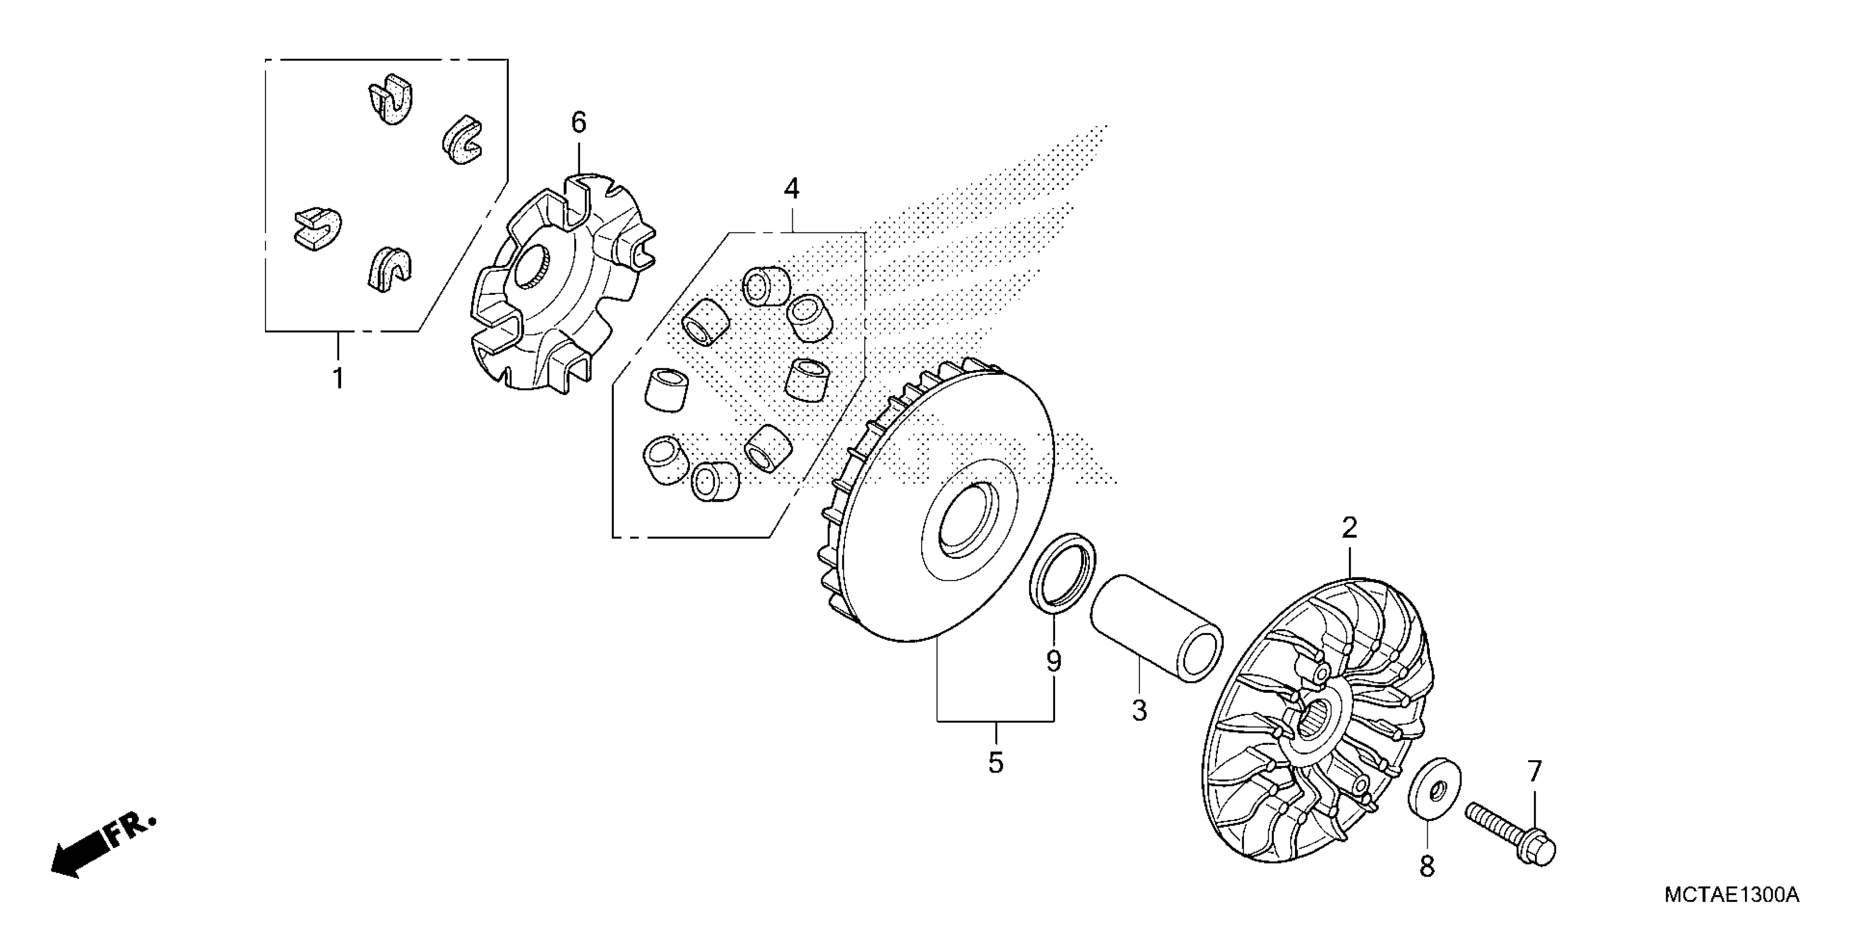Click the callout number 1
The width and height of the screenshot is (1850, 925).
(337, 378)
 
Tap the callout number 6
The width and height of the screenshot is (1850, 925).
(579, 123)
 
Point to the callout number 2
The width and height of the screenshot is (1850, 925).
(1349, 528)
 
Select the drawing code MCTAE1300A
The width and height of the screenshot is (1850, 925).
(1731, 896)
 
